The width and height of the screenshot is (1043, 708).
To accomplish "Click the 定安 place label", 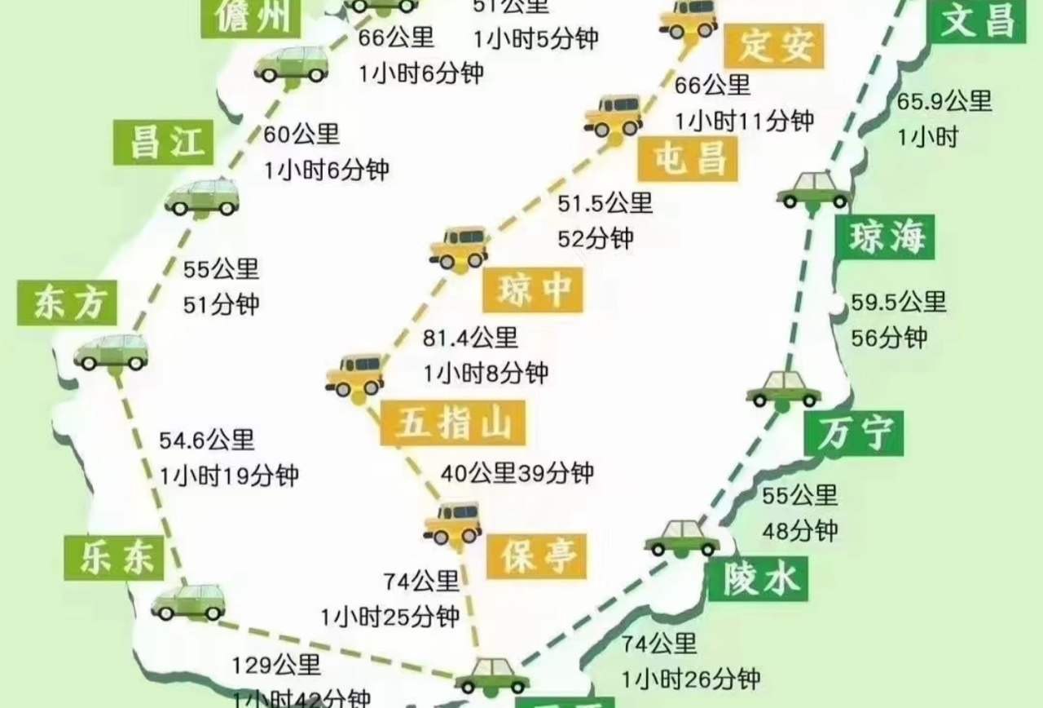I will pyautogui.click(x=777, y=46).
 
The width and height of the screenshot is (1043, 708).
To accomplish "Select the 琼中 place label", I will pyautogui.click(x=533, y=289).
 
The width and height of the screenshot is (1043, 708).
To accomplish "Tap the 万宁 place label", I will pyautogui.click(x=853, y=433).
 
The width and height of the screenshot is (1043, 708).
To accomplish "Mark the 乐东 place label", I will pyautogui.click(x=114, y=556).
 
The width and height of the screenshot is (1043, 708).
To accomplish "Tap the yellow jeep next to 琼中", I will pyautogui.click(x=459, y=248).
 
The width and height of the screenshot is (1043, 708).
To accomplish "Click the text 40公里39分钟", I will pyautogui.click(x=517, y=471).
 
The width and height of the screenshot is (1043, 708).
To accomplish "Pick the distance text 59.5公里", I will pyautogui.click(x=899, y=302).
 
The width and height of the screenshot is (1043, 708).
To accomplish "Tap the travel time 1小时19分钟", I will pyautogui.click(x=229, y=476).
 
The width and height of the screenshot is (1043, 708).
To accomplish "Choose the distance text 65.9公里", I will pyautogui.click(x=944, y=102).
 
